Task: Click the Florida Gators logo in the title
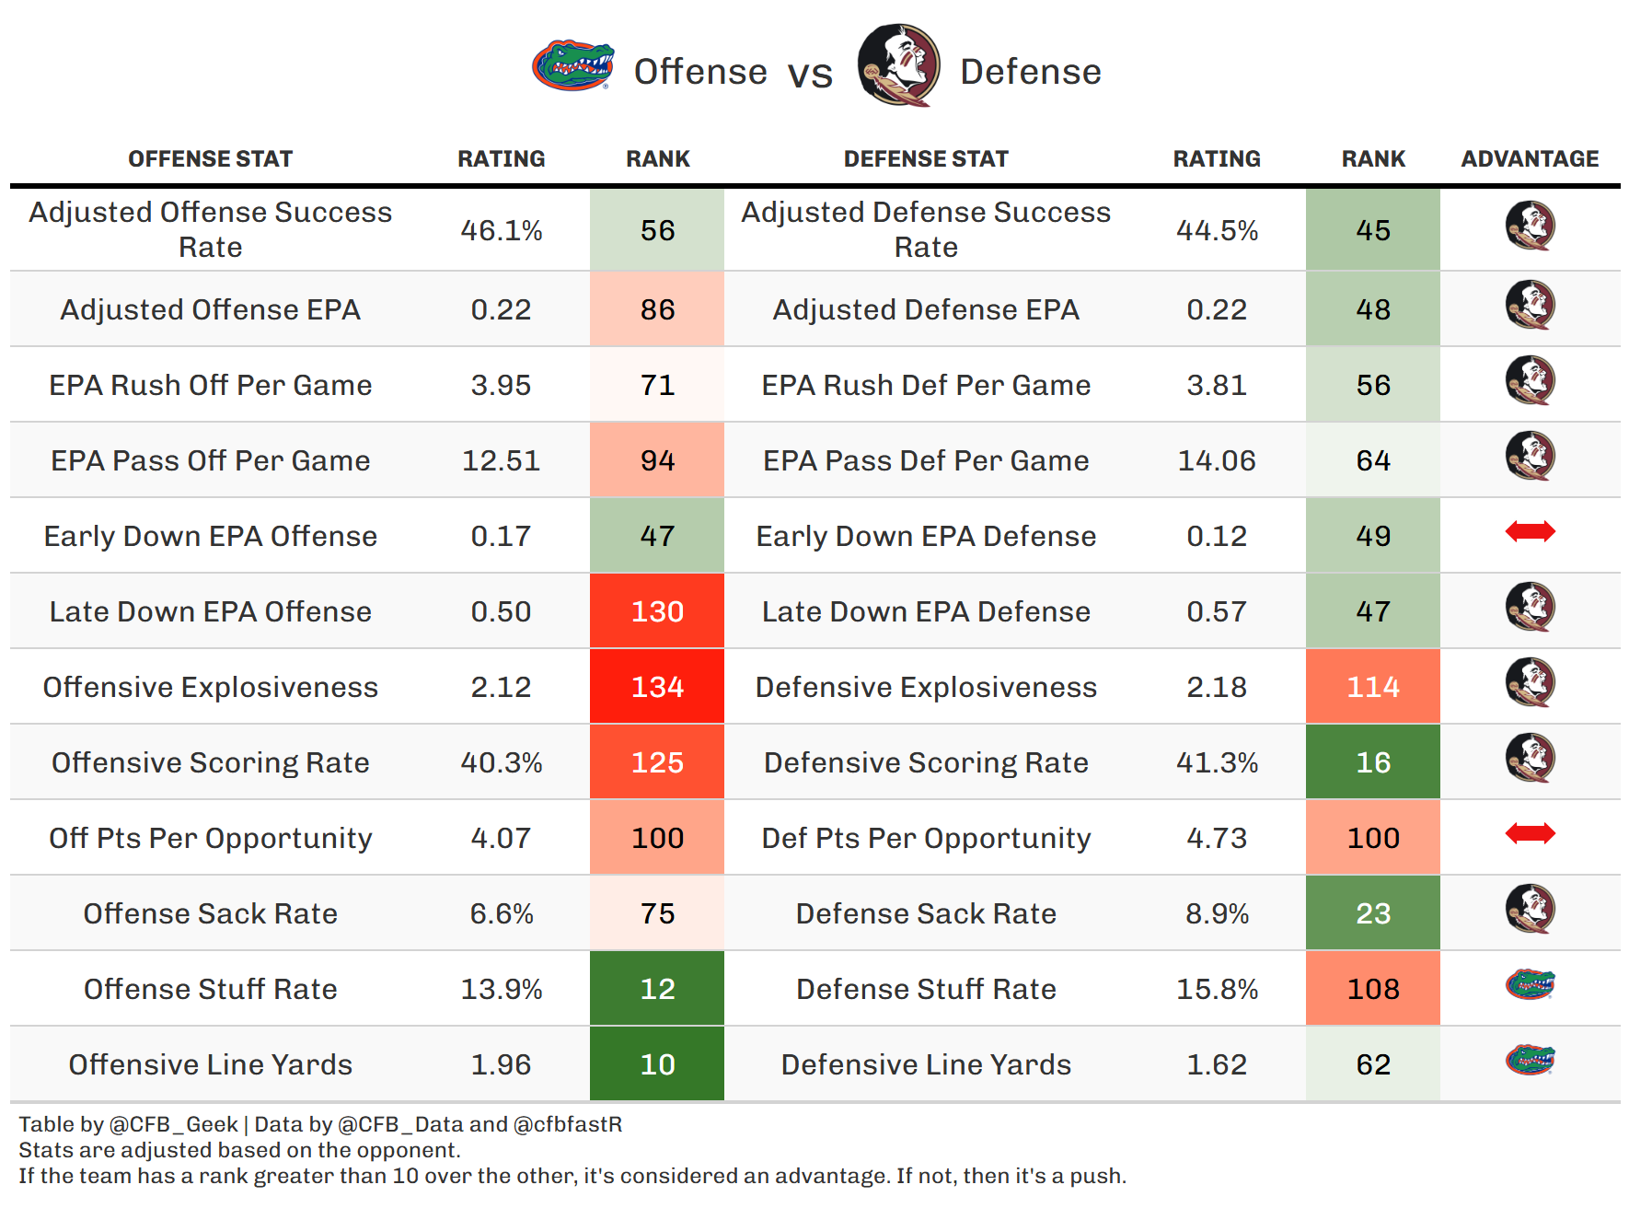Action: click(x=572, y=65)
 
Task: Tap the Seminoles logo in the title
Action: click(x=898, y=65)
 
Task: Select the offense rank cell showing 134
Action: click(x=657, y=687)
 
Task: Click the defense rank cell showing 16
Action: click(x=1372, y=762)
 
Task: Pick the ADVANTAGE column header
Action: click(x=1530, y=159)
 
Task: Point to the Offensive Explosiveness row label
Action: click(x=211, y=687)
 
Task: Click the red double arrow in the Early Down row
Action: click(x=1530, y=531)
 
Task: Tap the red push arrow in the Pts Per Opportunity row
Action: click(x=1530, y=833)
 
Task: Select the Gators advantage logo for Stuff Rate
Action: click(x=1530, y=985)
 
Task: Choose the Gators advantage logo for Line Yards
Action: click(x=1530, y=1061)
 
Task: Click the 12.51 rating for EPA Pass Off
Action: click(x=501, y=460)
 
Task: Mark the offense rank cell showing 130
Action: click(x=657, y=611)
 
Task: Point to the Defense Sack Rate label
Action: click(x=926, y=913)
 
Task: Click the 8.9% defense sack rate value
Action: click(x=1217, y=913)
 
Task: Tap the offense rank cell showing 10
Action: click(x=657, y=1064)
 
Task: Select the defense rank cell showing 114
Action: click(x=1372, y=687)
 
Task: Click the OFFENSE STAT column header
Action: click(x=211, y=159)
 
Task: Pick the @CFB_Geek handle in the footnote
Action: click(x=174, y=1124)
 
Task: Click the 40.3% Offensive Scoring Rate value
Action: click(x=501, y=762)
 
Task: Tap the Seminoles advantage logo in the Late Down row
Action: click(x=1530, y=607)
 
